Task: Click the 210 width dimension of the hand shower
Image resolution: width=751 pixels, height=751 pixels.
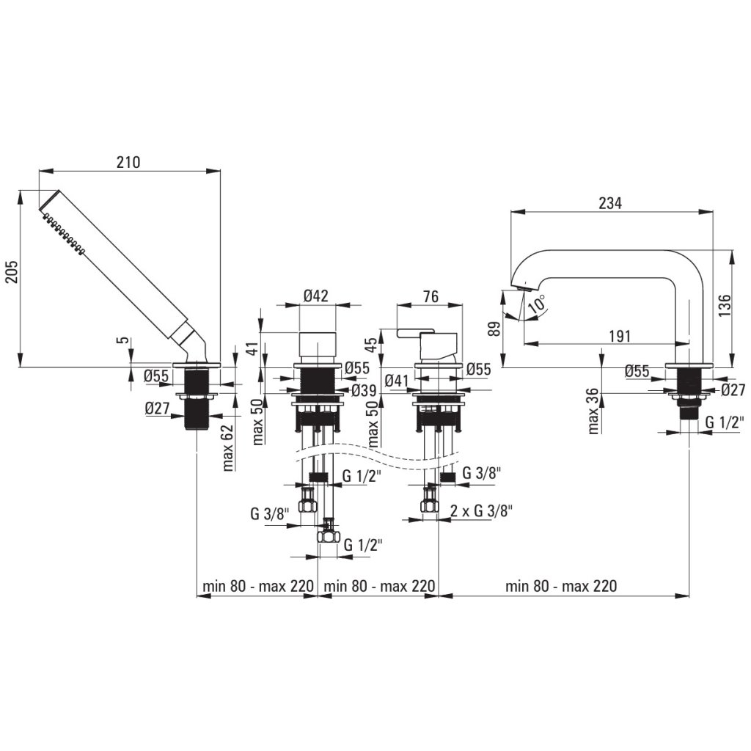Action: pyautogui.click(x=128, y=162)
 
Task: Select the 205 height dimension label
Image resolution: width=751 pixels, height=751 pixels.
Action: pyautogui.click(x=10, y=279)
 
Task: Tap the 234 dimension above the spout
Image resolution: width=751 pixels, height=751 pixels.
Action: pyautogui.click(x=609, y=203)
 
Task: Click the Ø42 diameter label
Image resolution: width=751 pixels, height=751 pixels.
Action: pyautogui.click(x=315, y=296)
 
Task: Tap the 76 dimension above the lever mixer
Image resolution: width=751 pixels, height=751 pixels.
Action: pyautogui.click(x=431, y=296)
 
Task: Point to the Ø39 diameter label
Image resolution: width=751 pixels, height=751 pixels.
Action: pyautogui.click(x=364, y=390)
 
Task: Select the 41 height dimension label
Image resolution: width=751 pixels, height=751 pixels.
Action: pyautogui.click(x=254, y=348)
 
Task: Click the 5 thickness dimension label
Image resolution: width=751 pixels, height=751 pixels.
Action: pyautogui.click(x=125, y=341)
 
